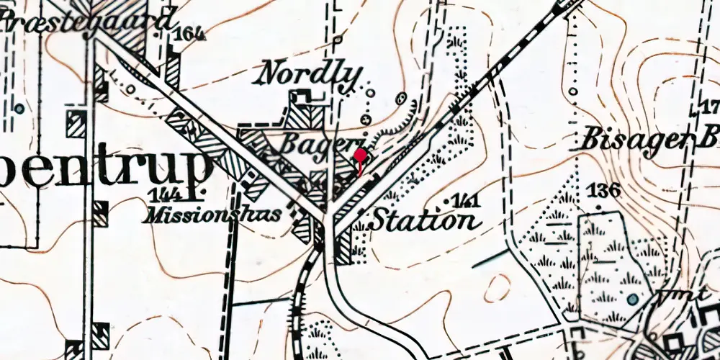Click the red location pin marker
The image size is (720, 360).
tap(360, 157)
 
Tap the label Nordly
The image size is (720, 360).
tap(310, 73)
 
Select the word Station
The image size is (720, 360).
tap(424, 220)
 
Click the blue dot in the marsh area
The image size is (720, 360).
tap(632, 299)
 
